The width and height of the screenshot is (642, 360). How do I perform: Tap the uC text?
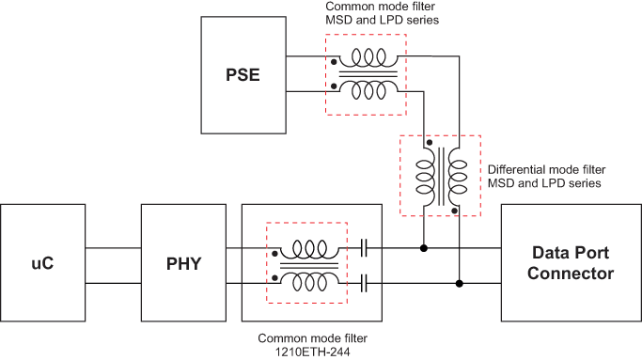pyautogui.click(x=43, y=264)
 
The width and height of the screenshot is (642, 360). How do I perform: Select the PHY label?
pyautogui.click(x=184, y=264)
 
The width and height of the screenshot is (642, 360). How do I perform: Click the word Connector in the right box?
pyautogui.click(x=571, y=274)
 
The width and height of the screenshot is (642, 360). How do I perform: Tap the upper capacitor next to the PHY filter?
pyautogui.click(x=365, y=249)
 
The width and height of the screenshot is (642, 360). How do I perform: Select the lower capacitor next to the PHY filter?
pyautogui.click(x=365, y=282)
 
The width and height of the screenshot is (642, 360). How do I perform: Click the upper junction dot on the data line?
pyautogui.click(x=424, y=249)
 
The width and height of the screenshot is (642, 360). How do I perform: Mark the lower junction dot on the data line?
pyautogui.click(x=459, y=282)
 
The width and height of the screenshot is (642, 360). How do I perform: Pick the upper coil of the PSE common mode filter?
pyautogui.click(x=366, y=56)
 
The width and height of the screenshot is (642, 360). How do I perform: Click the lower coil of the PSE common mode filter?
pyautogui.click(x=366, y=90)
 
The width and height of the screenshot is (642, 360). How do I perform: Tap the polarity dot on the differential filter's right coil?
pyautogui.click(x=454, y=211)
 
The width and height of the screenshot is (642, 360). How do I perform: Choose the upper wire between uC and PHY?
pyautogui.click(x=113, y=249)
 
